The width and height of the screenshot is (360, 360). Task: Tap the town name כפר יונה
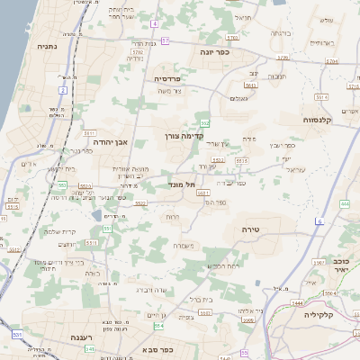(x=215, y=53)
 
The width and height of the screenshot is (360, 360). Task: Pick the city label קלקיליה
(x=319, y=315)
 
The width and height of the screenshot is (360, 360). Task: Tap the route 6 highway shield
(x=319, y=221)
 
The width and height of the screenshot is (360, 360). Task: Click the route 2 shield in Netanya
(x=63, y=90)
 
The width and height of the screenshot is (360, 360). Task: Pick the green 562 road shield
(x=205, y=122)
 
